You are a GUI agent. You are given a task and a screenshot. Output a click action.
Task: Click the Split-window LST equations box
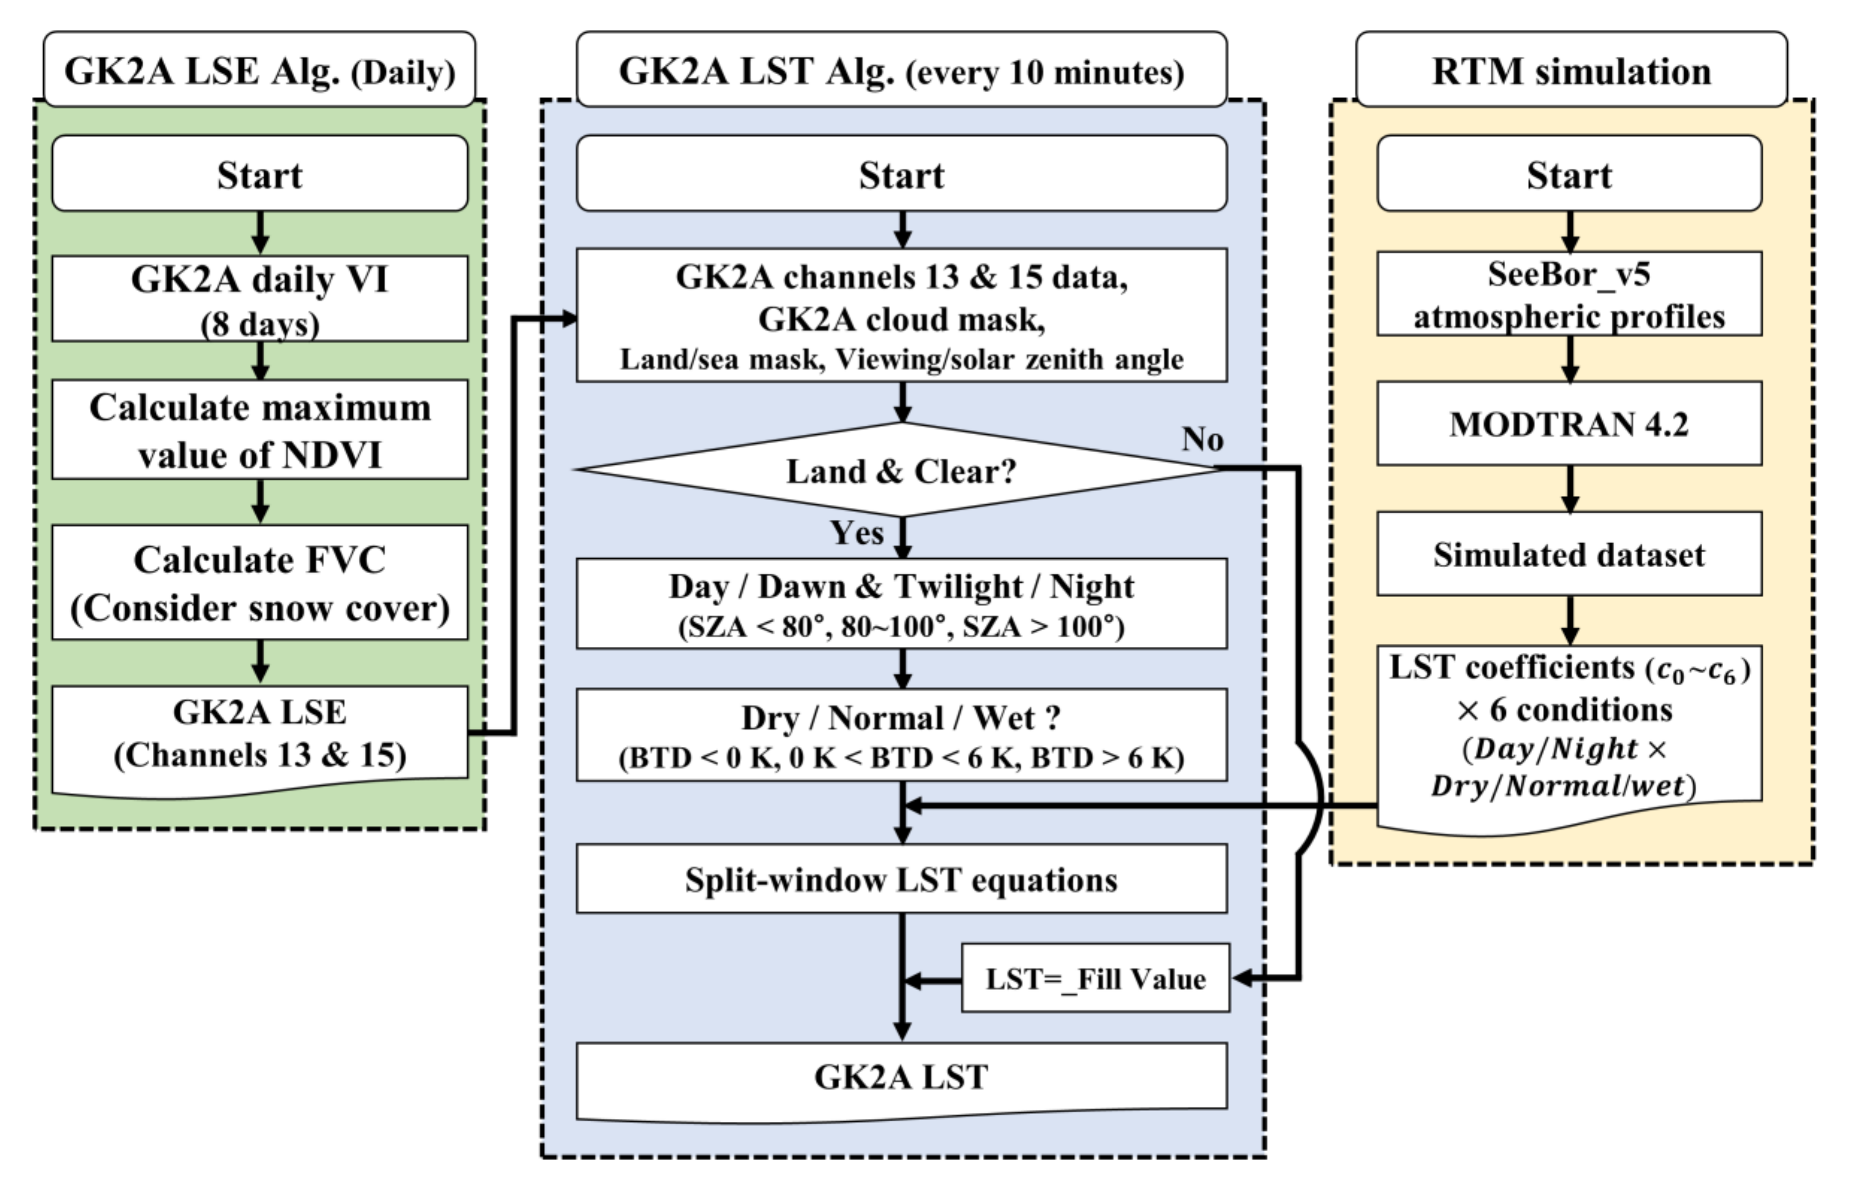[x=901, y=879]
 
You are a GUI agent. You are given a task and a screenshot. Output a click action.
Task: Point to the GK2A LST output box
[x=901, y=1078]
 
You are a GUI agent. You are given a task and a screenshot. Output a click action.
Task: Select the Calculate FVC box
[x=260, y=583]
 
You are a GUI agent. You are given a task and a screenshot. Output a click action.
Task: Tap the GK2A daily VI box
[x=260, y=298]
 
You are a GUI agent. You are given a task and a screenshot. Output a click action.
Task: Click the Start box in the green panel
[x=260, y=174]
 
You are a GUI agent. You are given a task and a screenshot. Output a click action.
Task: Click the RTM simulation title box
[x=1571, y=70]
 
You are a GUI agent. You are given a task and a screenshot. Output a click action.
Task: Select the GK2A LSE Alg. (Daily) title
[x=260, y=70]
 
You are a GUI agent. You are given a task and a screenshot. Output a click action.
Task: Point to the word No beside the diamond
[x=1202, y=439]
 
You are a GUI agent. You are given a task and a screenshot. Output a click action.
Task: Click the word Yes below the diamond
[x=856, y=533]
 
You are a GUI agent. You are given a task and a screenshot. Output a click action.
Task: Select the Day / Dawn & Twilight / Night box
[x=901, y=603]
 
